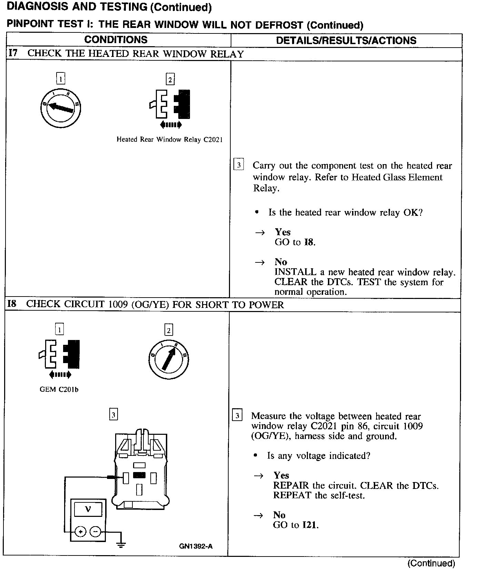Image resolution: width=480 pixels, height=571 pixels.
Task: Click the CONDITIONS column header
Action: coord(116,40)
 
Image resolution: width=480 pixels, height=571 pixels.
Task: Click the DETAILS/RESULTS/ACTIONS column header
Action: coord(346,40)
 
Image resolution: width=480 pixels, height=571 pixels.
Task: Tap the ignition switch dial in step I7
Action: coord(60,108)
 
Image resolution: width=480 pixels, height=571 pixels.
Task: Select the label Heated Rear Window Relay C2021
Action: coord(169,140)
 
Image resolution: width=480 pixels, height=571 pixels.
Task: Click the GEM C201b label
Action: coord(59,390)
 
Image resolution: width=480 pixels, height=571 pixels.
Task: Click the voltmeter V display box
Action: coord(88,509)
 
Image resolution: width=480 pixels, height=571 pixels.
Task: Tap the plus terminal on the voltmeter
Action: coord(80,532)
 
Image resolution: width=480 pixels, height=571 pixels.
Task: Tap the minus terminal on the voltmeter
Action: coord(95,532)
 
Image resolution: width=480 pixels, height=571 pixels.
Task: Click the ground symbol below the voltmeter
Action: coord(121,545)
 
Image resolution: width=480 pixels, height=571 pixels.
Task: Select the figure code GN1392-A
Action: coord(196,546)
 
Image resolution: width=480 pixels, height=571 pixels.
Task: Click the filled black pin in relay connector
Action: coord(139,475)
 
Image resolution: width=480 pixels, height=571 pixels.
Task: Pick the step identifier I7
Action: coord(12,53)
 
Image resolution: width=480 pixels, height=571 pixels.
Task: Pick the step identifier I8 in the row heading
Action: coord(12,304)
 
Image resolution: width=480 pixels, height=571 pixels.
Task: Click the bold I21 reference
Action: coord(310,525)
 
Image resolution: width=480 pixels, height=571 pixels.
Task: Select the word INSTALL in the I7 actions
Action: coord(295,272)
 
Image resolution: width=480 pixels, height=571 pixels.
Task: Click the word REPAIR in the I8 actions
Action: coord(291,485)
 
